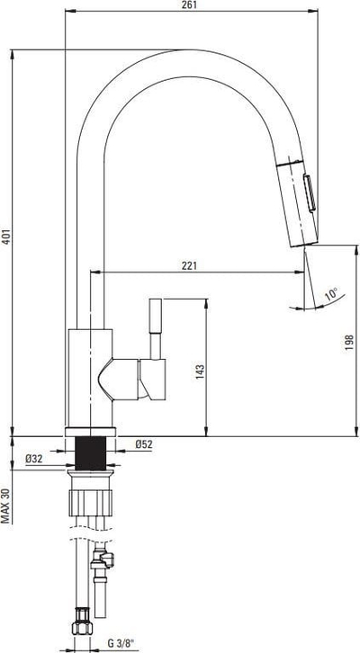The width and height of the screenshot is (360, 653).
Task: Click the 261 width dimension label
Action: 189,4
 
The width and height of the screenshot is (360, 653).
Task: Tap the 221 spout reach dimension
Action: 189,265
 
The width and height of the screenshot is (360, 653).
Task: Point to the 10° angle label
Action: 332,294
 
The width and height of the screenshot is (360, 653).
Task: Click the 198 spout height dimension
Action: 349,343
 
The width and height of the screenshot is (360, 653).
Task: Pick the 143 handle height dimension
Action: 200,371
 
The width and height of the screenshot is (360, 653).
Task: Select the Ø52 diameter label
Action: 144,444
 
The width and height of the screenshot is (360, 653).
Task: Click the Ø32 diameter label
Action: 34,459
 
